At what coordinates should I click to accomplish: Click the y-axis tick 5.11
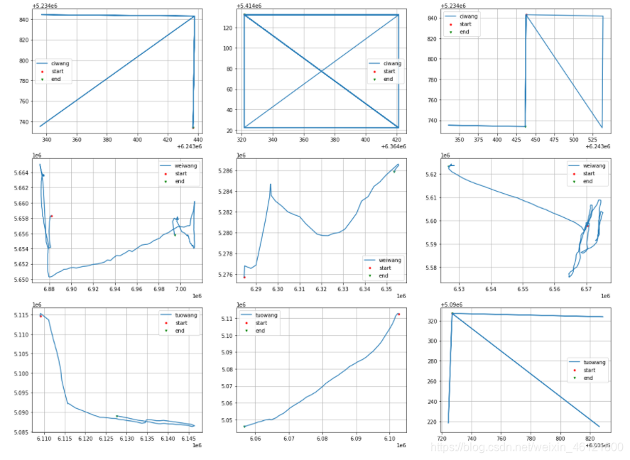[228, 319]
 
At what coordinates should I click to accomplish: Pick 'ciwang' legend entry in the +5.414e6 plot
[389, 63]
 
